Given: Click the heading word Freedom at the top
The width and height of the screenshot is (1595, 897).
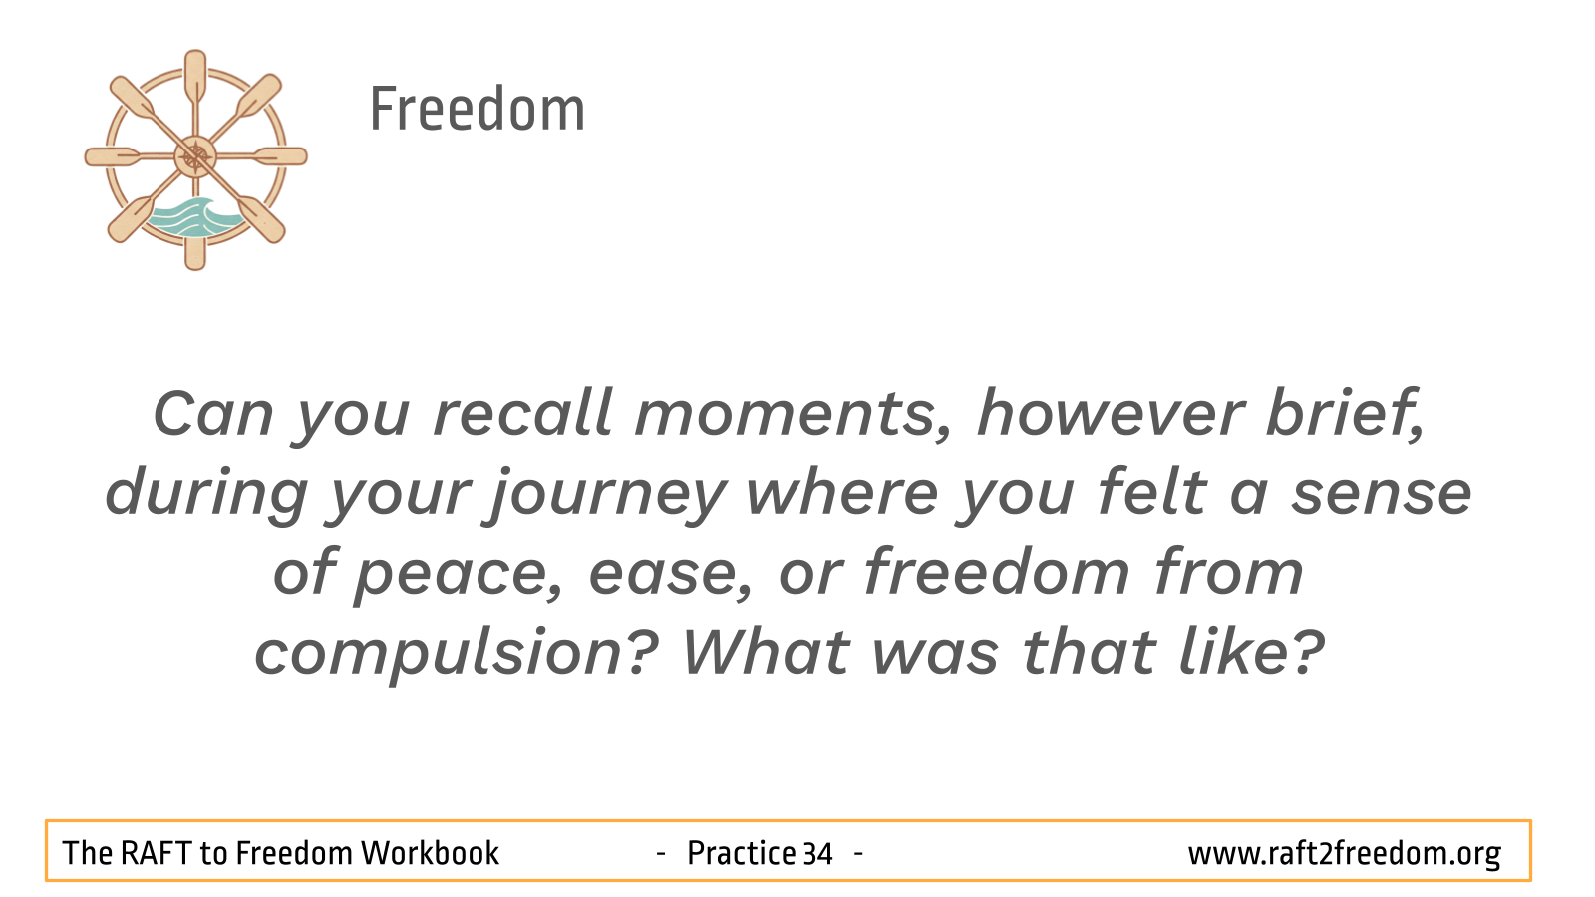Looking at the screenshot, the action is [478, 109].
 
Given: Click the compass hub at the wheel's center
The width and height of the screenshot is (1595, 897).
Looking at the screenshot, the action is [195, 156].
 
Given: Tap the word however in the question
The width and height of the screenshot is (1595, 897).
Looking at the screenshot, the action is [1111, 413].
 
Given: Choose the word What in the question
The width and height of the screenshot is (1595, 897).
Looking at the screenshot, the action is [767, 652].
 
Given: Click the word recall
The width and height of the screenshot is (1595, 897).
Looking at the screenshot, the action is [522, 413].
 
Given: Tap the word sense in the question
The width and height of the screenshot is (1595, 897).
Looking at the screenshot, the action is [1382, 494].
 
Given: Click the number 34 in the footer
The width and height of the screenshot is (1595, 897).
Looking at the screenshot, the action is [817, 853].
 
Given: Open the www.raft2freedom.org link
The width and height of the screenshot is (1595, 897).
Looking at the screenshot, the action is [1345, 854].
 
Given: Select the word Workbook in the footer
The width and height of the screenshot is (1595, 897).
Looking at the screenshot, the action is [430, 853].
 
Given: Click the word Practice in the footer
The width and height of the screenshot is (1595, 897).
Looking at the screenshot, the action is [741, 853].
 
